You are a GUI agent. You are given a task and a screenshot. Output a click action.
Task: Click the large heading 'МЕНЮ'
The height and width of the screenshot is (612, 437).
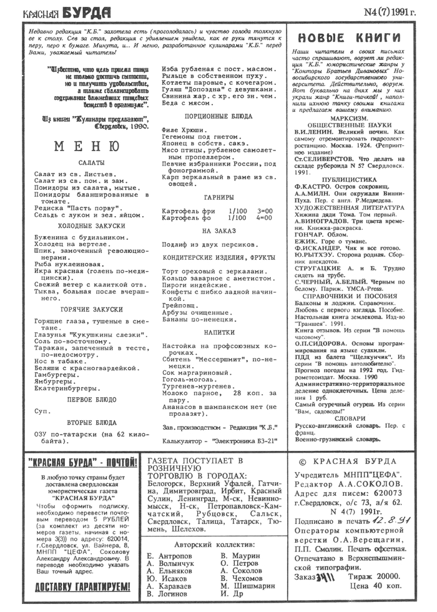pyautogui.click(x=88, y=147)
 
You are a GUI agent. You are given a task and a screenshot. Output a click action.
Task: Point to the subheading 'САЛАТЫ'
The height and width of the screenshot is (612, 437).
pyautogui.click(x=89, y=162)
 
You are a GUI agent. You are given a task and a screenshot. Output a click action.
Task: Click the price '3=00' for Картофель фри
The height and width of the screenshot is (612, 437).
pyautogui.click(x=265, y=211)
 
